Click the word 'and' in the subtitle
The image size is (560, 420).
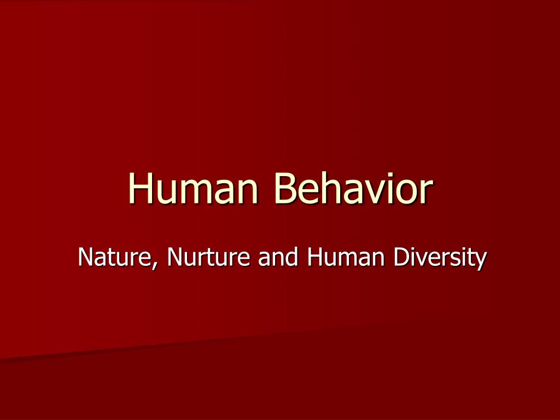click(275, 258)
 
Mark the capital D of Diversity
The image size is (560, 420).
click(400, 258)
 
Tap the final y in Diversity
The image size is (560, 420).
click(480, 261)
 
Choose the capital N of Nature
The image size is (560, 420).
click(85, 258)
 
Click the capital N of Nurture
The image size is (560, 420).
click(175, 258)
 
